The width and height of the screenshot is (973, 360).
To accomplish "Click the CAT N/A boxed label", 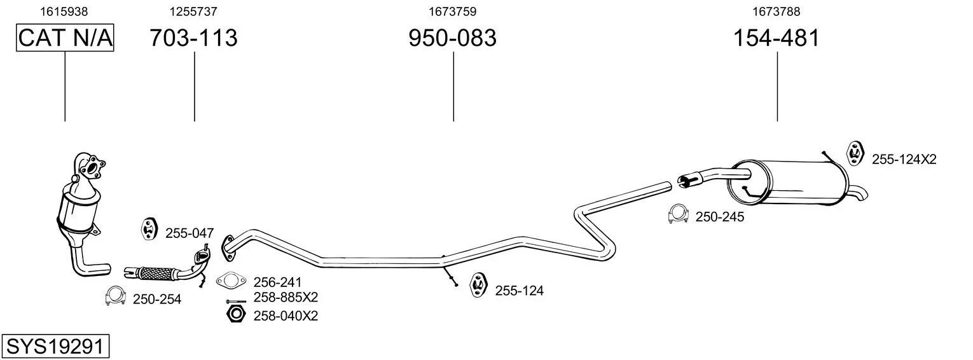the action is pos(65,38).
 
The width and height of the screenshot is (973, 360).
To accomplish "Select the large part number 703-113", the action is pos(194,38).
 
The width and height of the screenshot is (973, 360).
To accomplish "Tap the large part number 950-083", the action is pos(452,38).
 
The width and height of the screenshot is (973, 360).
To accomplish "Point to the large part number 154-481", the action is pos(776,38).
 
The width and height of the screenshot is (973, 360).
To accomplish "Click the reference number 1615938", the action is pos(64,11).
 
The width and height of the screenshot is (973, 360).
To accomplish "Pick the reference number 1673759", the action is pos(453,11).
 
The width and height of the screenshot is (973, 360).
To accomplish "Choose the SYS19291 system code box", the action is pos(55,347).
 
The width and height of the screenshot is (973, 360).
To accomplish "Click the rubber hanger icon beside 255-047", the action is pos(149,229).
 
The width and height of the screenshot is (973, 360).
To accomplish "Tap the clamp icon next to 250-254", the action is pos(115,296).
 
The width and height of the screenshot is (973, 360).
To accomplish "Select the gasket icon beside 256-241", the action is pos(231,280).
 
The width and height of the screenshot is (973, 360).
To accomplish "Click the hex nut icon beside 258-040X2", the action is pos(237,314).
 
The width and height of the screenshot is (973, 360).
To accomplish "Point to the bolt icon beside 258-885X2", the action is pos(236,301).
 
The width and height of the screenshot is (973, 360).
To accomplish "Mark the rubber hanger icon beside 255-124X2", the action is pos(855,153).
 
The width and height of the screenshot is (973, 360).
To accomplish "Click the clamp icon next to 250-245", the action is pos(678,214).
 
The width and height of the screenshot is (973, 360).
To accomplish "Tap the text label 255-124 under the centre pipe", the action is pos(519,291).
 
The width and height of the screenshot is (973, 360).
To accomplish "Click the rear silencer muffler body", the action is pos(787,183).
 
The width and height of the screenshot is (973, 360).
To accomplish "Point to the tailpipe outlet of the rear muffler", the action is pos(858,193).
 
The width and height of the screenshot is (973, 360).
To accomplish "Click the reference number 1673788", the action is pos(776,11).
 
